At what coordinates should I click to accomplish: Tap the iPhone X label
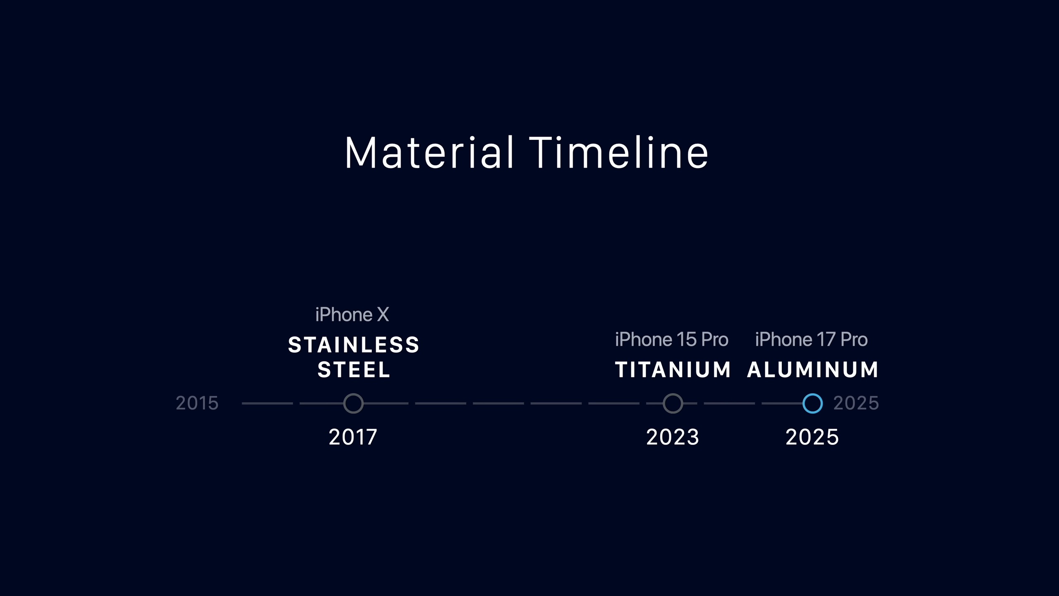point(352,315)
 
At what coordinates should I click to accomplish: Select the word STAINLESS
point(354,345)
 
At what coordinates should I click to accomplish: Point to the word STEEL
point(354,370)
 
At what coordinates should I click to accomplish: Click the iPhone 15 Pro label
point(671,339)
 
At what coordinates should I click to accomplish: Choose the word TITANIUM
point(673,370)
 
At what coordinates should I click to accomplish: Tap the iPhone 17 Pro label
point(811,339)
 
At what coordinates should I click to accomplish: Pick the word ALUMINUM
point(812,370)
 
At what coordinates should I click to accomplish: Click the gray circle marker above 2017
point(353,394)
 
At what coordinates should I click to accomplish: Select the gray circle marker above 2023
point(673,394)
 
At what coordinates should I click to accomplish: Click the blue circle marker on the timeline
point(812,394)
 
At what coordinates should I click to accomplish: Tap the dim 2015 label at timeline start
point(197,403)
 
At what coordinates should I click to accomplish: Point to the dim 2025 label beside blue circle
point(856,403)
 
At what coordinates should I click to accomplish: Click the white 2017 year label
point(353,437)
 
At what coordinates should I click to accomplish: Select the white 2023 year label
point(673,437)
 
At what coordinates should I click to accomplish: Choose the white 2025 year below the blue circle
point(812,437)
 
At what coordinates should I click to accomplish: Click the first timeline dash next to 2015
point(267,403)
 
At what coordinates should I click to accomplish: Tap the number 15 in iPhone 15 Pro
point(686,339)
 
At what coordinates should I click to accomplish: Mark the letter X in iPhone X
point(383,315)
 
